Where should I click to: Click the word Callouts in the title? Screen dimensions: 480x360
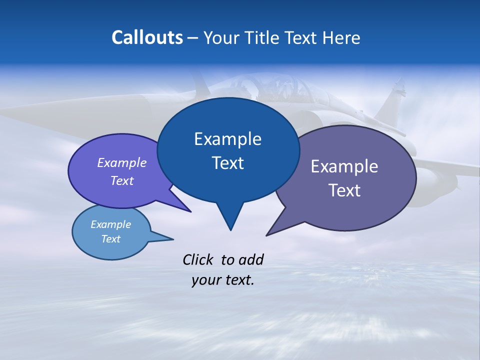147,37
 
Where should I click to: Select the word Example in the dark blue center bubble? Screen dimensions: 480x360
227,139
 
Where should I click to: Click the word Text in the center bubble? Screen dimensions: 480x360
227,163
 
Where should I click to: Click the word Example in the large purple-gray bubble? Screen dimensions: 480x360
344,166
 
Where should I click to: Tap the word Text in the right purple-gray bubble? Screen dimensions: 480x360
344,190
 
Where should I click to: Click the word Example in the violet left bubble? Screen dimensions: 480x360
122,162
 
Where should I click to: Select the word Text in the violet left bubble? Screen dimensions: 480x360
122,180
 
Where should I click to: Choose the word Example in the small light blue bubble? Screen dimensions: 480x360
110,224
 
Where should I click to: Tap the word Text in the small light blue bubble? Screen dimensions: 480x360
110,239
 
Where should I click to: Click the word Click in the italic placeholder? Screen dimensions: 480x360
199,259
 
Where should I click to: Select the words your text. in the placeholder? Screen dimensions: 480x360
223,280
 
